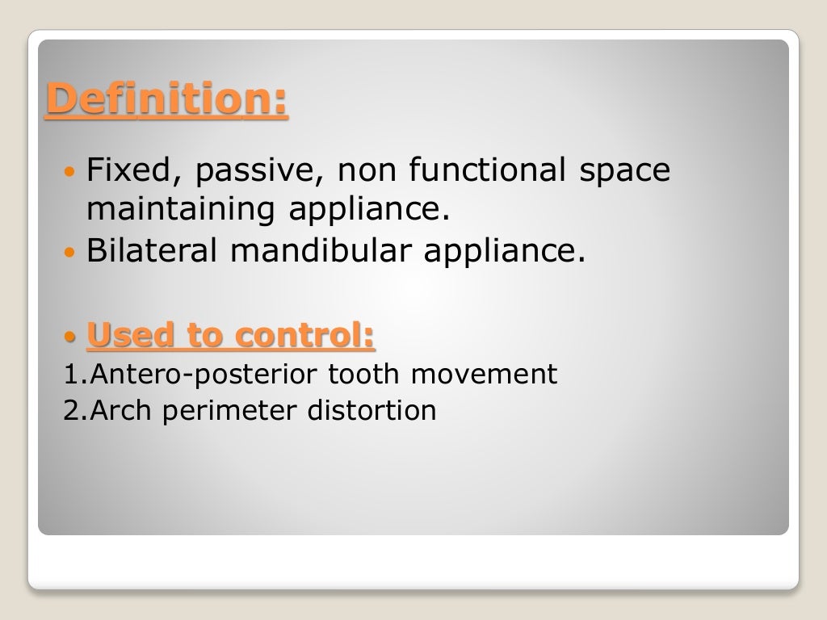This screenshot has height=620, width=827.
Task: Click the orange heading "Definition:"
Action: (x=166, y=101)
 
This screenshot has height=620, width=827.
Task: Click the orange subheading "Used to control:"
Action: (x=230, y=335)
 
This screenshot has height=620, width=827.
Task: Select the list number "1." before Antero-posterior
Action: (x=73, y=375)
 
